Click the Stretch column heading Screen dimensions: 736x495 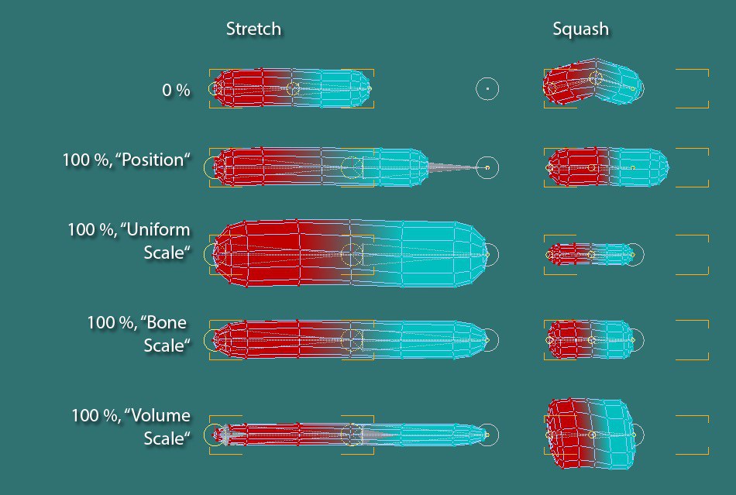253,29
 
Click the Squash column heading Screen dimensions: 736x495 580,29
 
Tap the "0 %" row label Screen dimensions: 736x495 176,90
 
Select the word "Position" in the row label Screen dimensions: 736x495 156,160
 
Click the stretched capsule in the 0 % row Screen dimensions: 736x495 291,88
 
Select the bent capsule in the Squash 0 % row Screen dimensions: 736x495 593,81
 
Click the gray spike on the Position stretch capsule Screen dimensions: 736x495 453,167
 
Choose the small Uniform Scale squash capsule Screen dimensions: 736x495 591,255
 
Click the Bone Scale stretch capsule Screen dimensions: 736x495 349,340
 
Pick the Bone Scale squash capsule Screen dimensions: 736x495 590,340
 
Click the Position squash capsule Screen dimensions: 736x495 607,167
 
